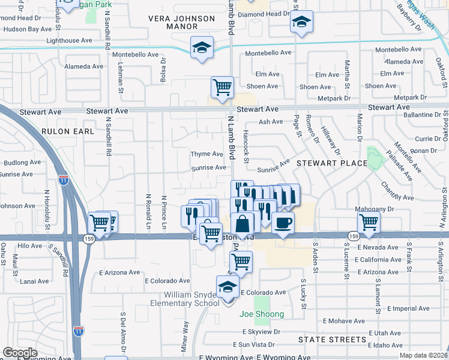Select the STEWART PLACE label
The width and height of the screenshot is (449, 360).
[331, 163]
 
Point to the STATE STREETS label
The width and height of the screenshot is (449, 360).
[333, 340]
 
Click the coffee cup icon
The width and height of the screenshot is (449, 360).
[283, 223]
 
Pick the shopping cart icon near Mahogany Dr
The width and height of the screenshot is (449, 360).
[368, 223]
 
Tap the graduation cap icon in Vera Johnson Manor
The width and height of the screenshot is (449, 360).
[202, 47]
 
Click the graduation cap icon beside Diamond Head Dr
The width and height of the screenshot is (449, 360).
[301, 23]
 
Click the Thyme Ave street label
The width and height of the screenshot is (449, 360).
[206, 154]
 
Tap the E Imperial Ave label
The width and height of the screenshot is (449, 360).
[408, 308]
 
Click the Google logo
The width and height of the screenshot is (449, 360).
[20, 353]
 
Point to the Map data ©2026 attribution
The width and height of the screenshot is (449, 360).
[423, 355]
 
